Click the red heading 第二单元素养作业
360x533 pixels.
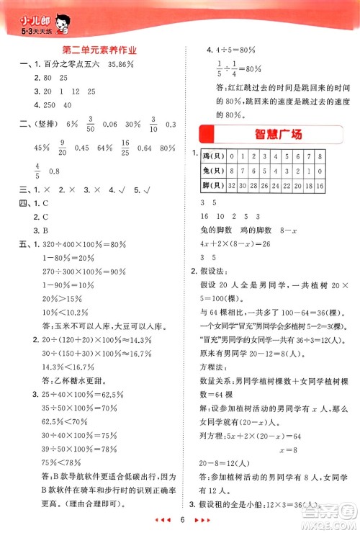click(x=100, y=50)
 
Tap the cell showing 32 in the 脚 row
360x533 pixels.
click(x=233, y=185)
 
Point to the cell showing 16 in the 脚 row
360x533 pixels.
click(x=318, y=185)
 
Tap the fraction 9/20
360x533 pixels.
click(x=62, y=148)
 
